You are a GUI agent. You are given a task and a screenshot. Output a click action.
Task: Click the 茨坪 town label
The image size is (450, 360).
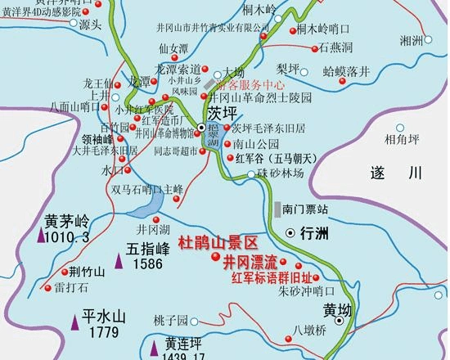click(x=223, y=110)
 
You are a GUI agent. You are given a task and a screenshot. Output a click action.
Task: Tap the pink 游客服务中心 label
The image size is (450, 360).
click(x=250, y=84)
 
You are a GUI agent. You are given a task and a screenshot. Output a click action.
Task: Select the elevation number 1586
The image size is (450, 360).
click(x=148, y=263)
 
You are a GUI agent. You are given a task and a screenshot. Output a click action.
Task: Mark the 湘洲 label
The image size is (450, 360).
click(x=411, y=40)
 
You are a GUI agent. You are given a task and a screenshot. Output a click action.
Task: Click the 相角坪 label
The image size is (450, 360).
click(x=402, y=141)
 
